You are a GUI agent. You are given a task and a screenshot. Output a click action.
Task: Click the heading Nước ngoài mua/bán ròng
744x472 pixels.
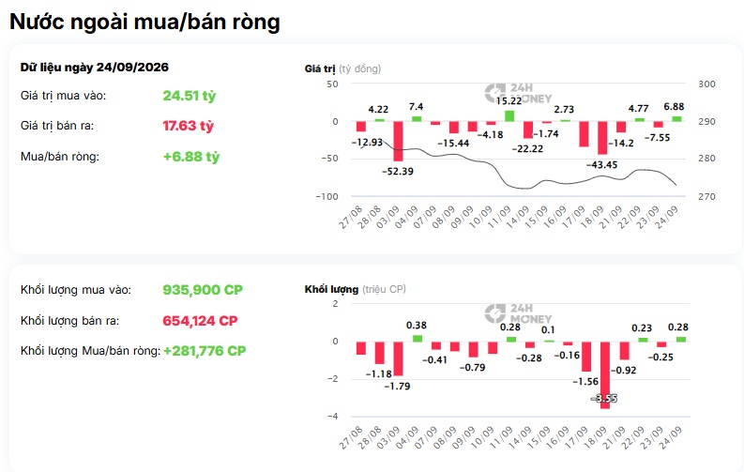click(x=144, y=23)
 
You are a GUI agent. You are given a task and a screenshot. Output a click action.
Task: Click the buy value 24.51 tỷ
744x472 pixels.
click(x=190, y=96)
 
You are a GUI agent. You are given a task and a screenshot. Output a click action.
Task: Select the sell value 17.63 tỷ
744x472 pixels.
click(x=189, y=126)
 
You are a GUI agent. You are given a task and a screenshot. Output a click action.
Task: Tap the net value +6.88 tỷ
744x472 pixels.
click(x=191, y=157)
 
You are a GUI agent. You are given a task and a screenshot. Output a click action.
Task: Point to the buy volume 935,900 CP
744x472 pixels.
click(x=203, y=290)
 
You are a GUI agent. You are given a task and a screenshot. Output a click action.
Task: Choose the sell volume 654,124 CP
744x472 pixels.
click(x=200, y=321)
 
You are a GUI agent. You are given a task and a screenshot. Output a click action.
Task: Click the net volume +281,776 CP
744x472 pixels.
click(x=205, y=351)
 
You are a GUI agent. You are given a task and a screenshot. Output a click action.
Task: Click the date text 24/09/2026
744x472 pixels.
click(x=132, y=68)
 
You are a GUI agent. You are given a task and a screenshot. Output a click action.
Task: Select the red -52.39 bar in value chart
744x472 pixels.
click(x=398, y=142)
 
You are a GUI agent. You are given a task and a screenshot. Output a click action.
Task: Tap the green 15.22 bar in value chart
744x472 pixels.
click(x=509, y=115)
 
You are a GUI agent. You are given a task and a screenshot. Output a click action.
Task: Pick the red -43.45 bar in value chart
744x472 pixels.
click(x=602, y=138)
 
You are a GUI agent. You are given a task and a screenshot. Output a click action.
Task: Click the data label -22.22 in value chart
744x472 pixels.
click(x=527, y=149)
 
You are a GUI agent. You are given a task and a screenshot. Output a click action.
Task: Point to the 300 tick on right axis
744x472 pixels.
click(x=706, y=84)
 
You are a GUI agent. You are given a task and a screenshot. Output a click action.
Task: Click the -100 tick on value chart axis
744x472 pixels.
click(x=326, y=196)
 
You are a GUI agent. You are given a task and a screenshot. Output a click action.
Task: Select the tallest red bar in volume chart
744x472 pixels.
click(x=605, y=374)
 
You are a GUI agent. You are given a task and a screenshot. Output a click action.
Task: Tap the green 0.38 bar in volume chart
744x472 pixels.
click(x=418, y=338)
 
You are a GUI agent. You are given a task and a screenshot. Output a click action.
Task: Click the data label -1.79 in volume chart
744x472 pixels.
click(x=397, y=387)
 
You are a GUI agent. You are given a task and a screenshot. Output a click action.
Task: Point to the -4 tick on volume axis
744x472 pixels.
click(x=333, y=417)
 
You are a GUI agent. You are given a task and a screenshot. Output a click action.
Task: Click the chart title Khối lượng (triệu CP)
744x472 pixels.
click(x=356, y=289)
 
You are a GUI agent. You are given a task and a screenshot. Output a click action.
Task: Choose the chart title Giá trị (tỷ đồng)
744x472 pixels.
click(x=342, y=69)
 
